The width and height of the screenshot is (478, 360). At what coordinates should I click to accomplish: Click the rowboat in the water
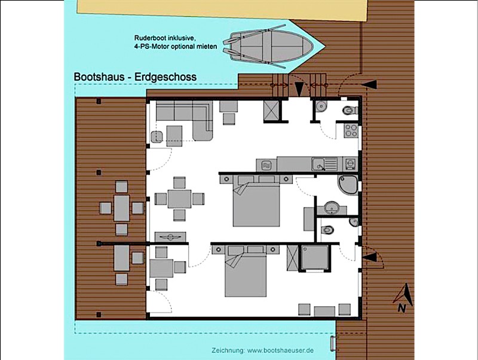coord(268,46)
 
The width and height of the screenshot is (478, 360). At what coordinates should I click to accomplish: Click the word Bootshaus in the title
coord(99,77)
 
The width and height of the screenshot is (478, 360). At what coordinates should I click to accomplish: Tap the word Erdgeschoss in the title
coord(166,77)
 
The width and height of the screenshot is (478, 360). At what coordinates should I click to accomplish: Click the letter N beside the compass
coord(402,309)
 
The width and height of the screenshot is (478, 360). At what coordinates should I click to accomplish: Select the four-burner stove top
coord(351,130)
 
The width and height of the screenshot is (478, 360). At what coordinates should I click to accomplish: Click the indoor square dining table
coord(179,199)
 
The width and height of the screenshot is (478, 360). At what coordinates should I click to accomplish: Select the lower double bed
coord(246,271)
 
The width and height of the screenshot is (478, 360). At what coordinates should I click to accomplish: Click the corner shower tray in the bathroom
coord(348,185)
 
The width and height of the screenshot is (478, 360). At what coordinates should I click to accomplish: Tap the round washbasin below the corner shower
coord(331,208)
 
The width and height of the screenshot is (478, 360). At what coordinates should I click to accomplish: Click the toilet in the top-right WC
coord(350,110)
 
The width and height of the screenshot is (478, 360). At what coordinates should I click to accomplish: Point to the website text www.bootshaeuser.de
coord(280,350)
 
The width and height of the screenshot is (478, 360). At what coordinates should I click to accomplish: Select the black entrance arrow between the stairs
coord(299,89)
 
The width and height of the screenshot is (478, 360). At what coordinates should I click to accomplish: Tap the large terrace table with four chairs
coord(122,208)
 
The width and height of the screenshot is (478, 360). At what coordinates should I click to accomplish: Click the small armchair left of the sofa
coord(157,137)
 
